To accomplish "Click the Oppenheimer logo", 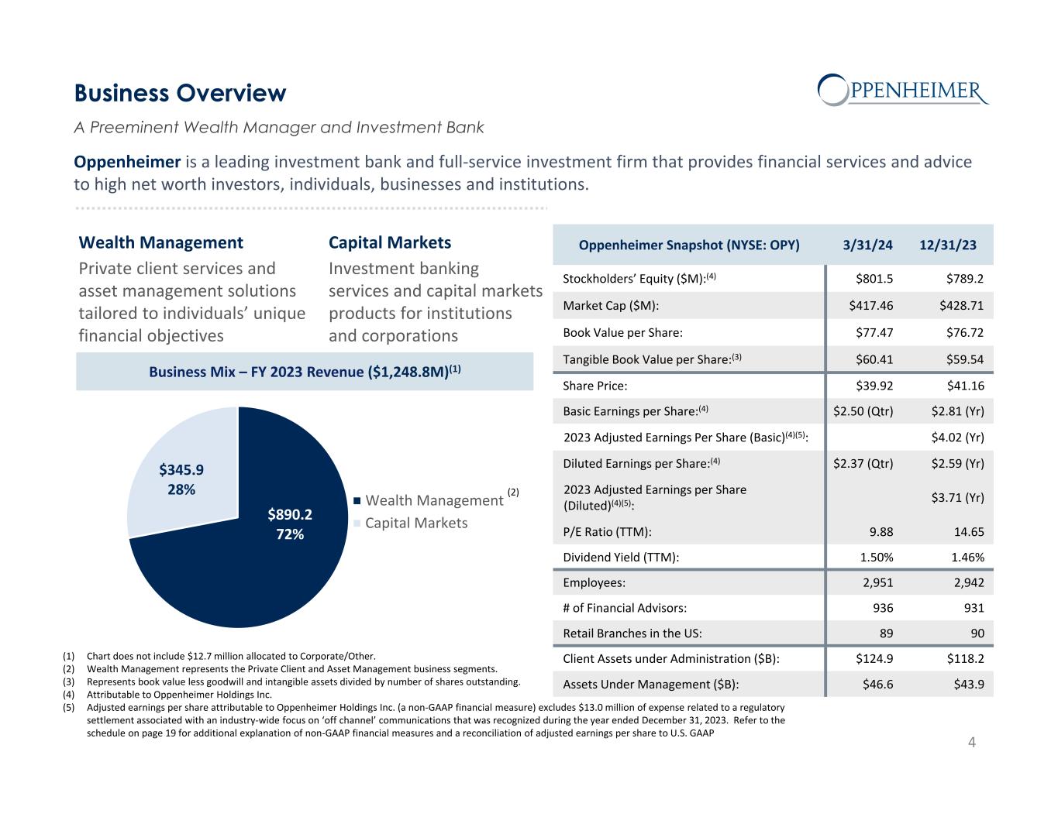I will tap(904, 90).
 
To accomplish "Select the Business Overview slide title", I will tap(180, 94).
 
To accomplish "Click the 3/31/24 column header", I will tap(868, 245).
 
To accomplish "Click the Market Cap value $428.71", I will tap(959, 305).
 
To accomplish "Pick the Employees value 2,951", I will tap(877, 583).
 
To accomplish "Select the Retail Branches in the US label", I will tap(632, 633).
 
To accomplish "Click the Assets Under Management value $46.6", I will tap(876, 685).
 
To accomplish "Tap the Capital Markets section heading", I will tap(390, 243).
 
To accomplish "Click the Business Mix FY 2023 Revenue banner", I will tap(305, 372).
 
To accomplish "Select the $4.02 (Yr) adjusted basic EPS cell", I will tap(957, 438).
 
